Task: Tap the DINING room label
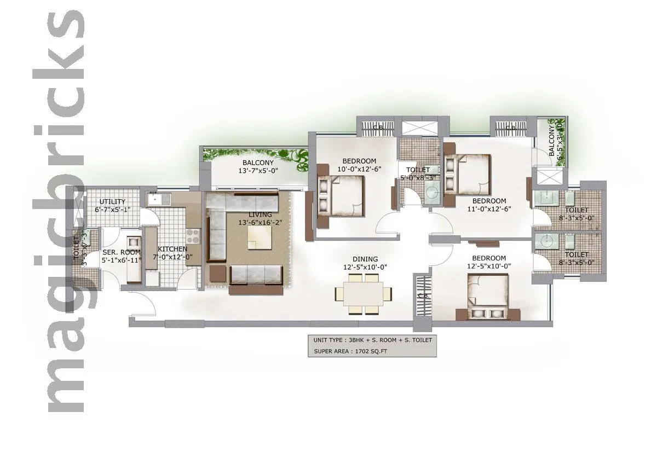click(365, 259)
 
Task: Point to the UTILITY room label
click(112, 202)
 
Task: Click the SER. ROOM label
click(122, 252)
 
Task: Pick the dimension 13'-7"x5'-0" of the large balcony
click(258, 171)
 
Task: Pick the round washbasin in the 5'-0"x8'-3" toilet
click(431, 192)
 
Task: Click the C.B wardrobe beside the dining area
click(422, 295)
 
